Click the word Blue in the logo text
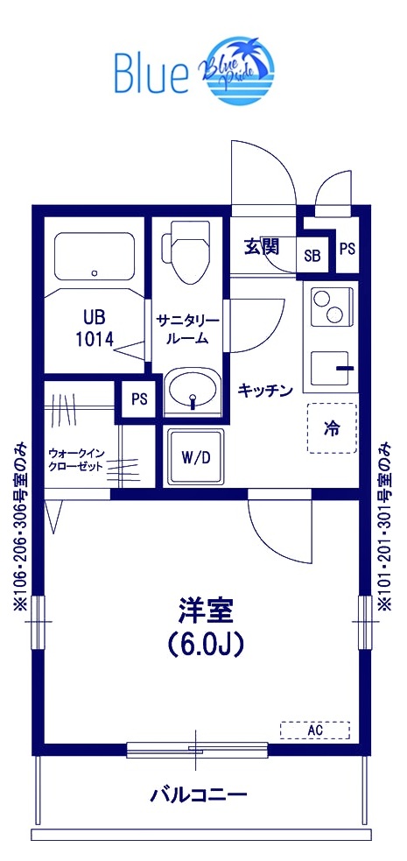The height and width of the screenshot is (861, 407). coord(151,73)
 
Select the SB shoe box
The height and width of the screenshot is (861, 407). coord(312,255)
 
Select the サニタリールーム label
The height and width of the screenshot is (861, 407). coord(188,329)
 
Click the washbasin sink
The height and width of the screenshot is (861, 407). coord(193,390)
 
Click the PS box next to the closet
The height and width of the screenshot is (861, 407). coord(138,399)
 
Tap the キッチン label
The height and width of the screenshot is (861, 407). coord(264,392)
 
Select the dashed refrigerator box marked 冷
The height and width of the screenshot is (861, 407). coord(332,428)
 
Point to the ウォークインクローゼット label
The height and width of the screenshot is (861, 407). coord(77,459)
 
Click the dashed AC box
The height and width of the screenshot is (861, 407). coord(314,730)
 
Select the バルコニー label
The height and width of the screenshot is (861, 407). coord(199,796)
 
